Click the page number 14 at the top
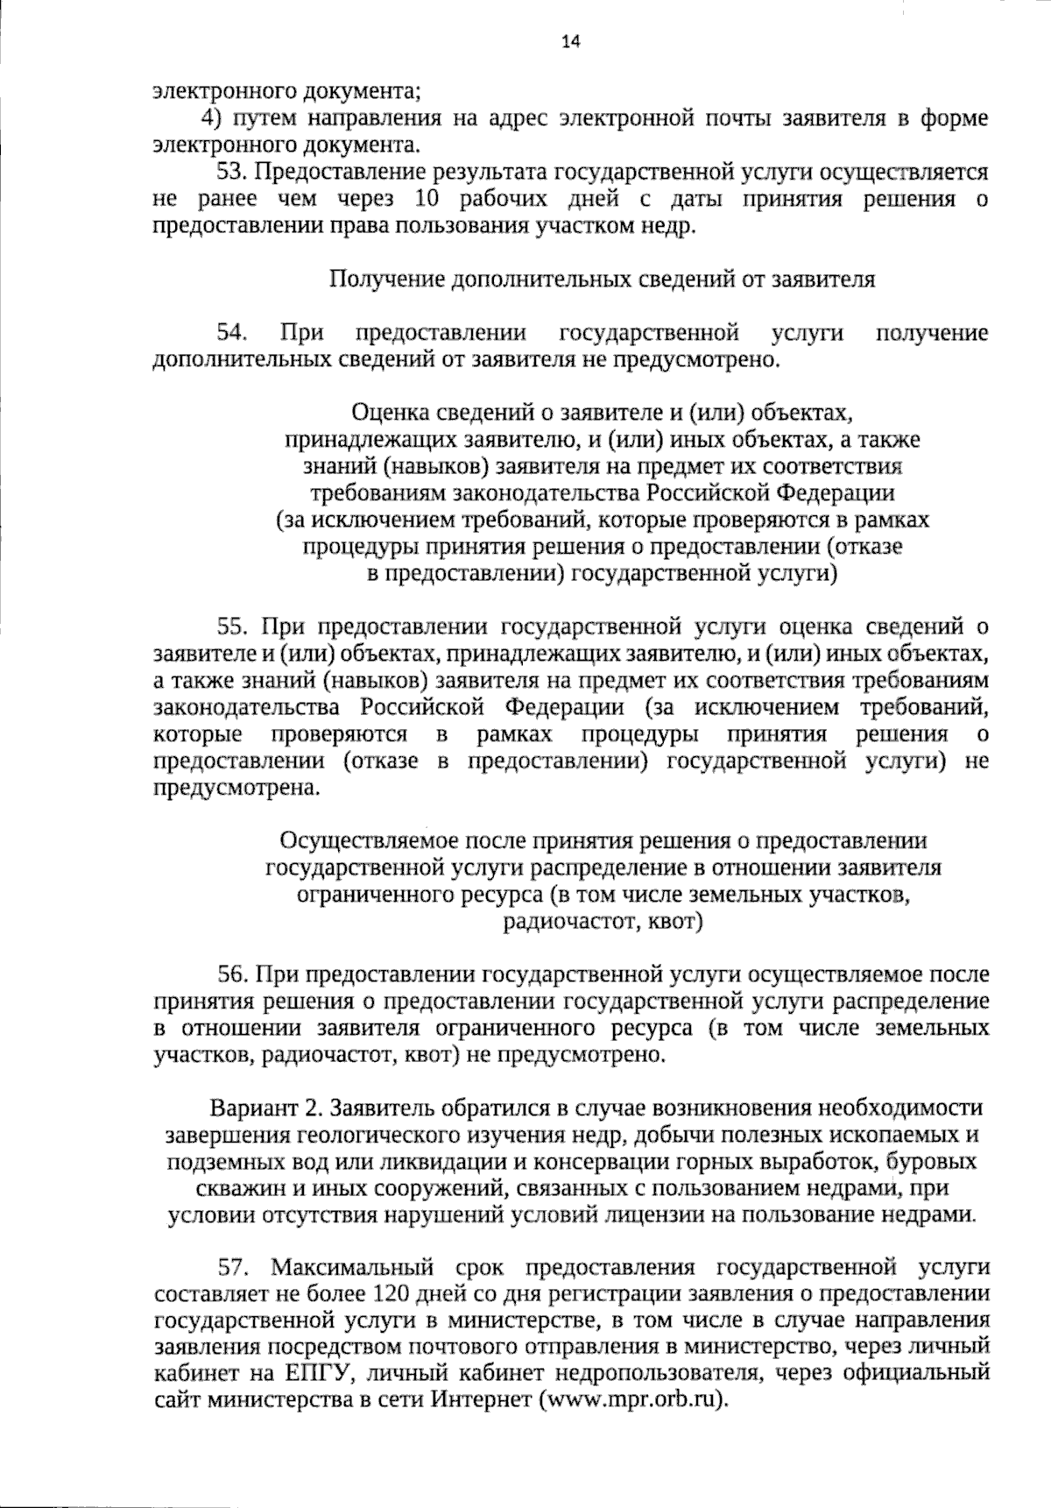(572, 41)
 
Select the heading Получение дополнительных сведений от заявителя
(602, 280)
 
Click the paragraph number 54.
(233, 333)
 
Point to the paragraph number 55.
(234, 627)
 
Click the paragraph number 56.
(234, 973)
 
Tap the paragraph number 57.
(234, 1267)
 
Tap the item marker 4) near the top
(210, 118)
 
